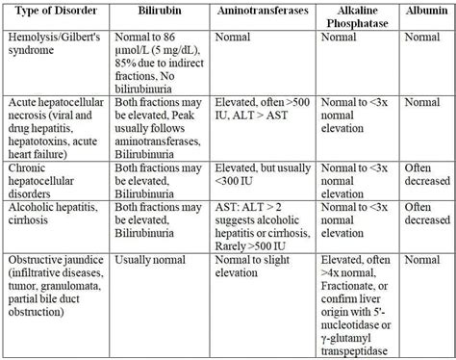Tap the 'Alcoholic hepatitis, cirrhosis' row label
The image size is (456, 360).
pyautogui.click(x=53, y=214)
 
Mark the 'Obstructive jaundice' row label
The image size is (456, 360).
pyautogui.click(x=56, y=280)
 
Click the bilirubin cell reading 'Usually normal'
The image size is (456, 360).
pyautogui.click(x=151, y=260)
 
